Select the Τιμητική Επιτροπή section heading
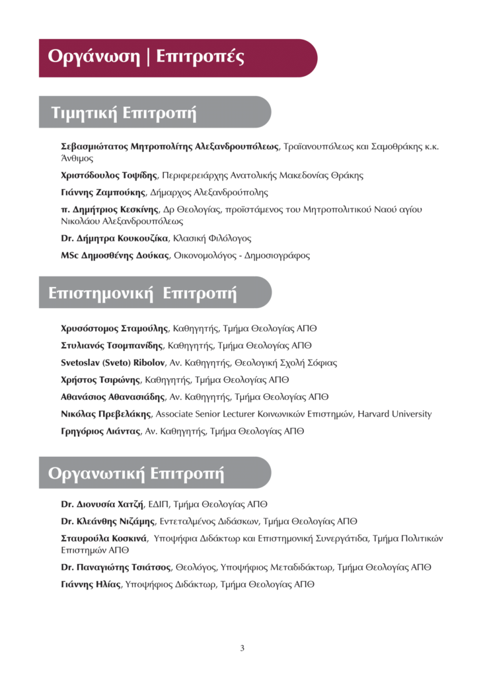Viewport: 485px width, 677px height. (124, 113)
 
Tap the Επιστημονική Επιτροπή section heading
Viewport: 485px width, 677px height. (143, 293)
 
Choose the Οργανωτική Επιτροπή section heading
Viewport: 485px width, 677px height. (136, 473)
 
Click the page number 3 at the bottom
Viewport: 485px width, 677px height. (243, 648)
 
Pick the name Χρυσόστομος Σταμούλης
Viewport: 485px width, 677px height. (114, 328)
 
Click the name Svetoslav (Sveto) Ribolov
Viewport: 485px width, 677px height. (113, 362)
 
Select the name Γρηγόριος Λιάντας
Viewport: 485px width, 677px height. (100, 431)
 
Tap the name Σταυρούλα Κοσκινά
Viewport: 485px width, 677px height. (103, 538)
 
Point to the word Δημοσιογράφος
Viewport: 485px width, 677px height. (276, 255)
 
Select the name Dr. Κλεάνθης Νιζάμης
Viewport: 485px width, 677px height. (108, 522)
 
